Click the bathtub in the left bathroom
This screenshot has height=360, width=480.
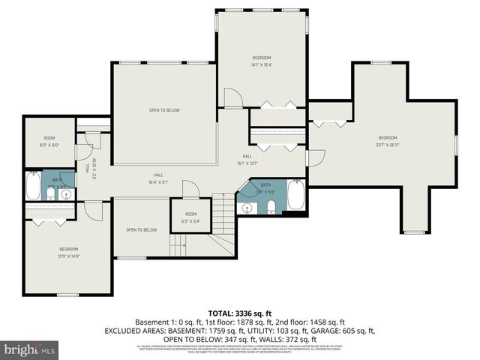(33, 185)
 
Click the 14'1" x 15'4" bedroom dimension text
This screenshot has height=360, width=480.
(262, 64)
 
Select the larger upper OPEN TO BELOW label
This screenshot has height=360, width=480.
(164, 110)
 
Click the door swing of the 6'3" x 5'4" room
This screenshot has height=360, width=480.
(191, 190)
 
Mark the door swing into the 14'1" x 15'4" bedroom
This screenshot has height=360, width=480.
(233, 97)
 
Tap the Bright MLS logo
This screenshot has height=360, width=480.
(30, 349)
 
